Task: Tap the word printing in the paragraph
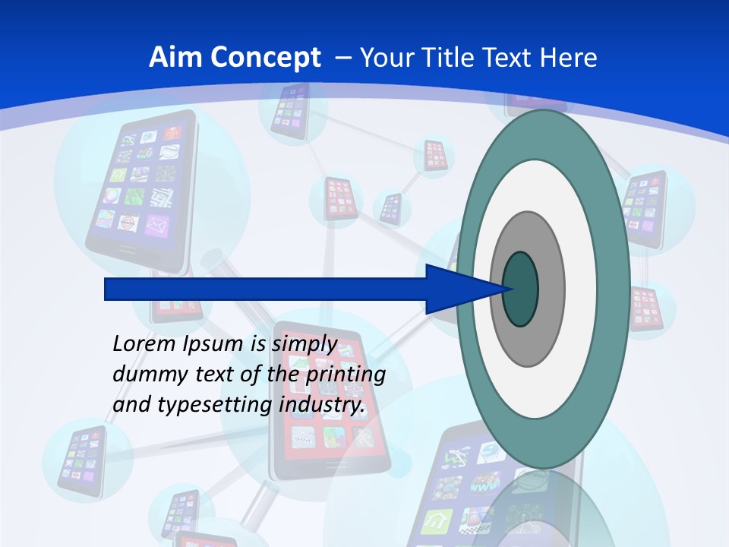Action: [346, 375]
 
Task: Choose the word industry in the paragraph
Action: [322, 404]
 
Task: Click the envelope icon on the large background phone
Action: [156, 224]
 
